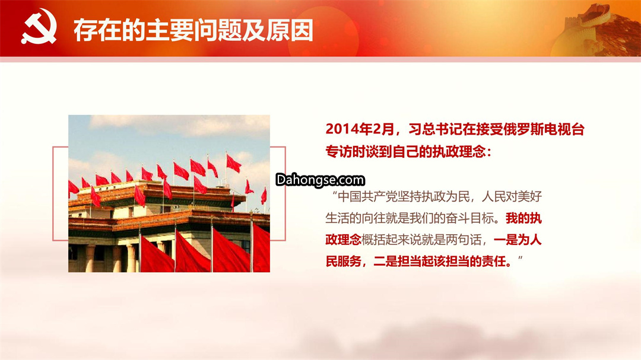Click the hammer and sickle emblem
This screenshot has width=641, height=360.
tap(39, 27)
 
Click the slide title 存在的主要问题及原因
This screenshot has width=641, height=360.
tap(193, 30)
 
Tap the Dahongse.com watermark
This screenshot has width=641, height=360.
tap(320, 180)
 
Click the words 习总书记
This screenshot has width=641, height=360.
tap(433, 129)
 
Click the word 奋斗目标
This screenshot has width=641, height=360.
tap(471, 218)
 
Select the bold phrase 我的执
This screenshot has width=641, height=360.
tap(523, 218)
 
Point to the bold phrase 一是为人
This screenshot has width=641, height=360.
tap(518, 240)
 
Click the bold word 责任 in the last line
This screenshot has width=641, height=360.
tap(494, 261)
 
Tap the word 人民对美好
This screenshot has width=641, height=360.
tap(512, 196)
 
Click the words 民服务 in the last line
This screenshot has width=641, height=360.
tap(344, 261)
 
